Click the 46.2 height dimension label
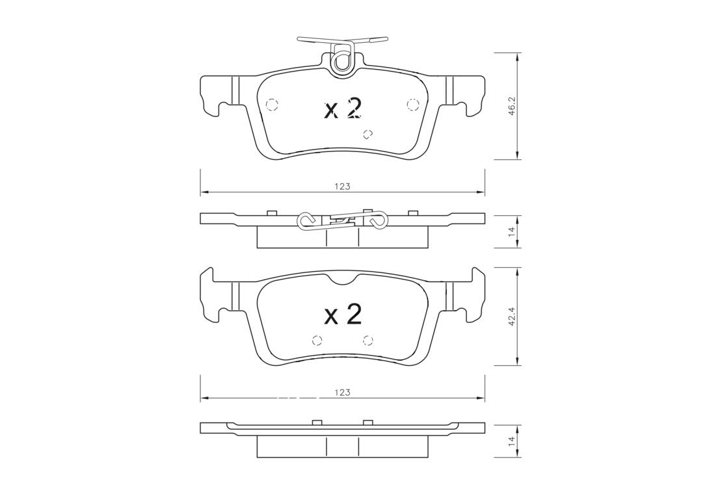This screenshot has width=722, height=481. click(511, 107)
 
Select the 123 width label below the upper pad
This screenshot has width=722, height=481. click(343, 187)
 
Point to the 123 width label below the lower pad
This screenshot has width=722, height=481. click(343, 392)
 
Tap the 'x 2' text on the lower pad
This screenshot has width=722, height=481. click(343, 315)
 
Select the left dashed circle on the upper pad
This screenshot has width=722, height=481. click(273, 105)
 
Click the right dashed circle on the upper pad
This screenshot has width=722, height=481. click(412, 105)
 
